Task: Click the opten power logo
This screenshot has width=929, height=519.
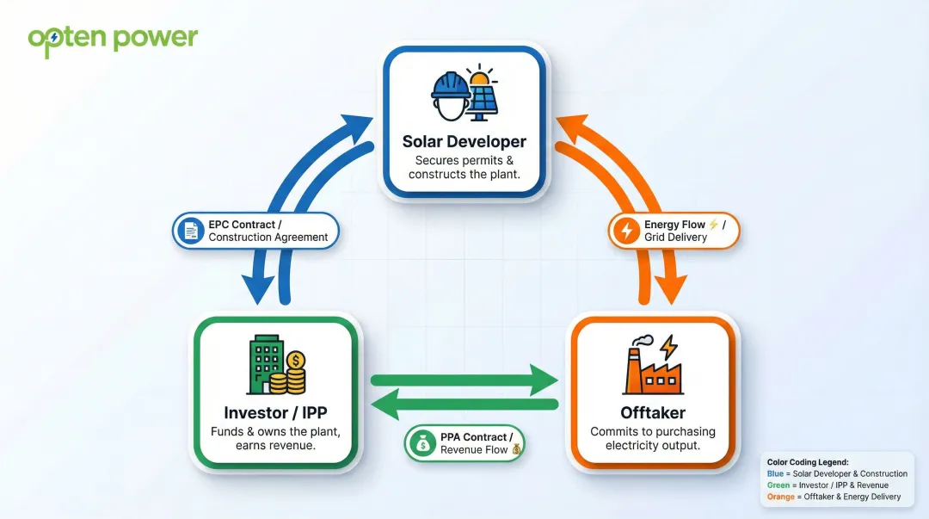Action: click(112, 40)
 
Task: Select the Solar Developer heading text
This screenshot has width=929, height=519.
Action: click(464, 141)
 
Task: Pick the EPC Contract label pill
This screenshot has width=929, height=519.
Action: click(256, 231)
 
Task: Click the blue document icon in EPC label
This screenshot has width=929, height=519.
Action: click(189, 231)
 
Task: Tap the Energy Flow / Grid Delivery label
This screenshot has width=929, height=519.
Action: click(674, 231)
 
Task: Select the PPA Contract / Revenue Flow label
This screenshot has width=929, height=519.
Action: click(464, 443)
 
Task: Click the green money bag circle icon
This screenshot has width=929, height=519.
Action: click(422, 443)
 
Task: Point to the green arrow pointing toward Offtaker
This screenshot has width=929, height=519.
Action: click(464, 380)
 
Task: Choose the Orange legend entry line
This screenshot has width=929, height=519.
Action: click(834, 497)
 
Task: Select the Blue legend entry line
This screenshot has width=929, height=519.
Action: click(837, 473)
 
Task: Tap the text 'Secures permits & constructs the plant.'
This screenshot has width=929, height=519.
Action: click(464, 168)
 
